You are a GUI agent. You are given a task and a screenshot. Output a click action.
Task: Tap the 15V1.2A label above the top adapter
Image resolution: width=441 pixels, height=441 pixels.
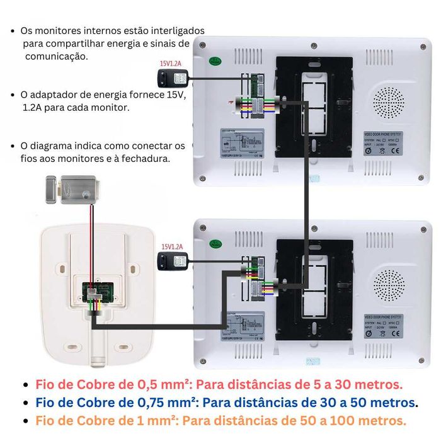click(171, 63)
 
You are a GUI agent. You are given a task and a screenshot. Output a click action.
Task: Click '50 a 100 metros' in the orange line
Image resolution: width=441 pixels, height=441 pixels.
click(360, 420)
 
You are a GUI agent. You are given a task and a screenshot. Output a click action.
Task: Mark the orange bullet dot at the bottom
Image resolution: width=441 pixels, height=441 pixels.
click(25, 420)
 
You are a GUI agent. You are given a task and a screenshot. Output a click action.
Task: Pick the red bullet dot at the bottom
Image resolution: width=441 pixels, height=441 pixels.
click(25, 385)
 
